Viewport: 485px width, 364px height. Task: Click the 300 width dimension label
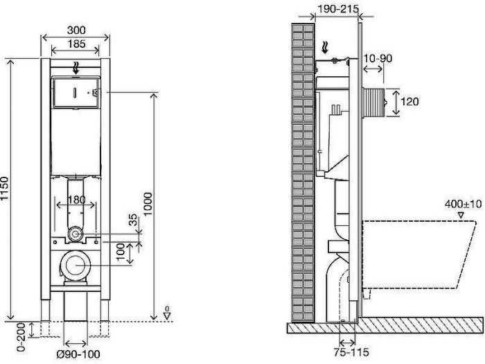click(76, 31)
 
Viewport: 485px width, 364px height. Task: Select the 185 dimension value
click(76, 44)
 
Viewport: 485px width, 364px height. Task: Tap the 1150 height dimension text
click(5, 189)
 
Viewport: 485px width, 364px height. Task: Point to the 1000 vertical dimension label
click(148, 205)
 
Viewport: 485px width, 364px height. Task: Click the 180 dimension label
click(76, 200)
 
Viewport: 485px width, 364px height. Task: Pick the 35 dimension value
click(132, 220)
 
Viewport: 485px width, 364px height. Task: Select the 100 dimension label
click(121, 252)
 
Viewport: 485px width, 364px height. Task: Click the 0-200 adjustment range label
click(21, 337)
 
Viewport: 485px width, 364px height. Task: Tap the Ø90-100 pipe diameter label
click(78, 354)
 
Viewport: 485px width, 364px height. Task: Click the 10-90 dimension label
click(378, 58)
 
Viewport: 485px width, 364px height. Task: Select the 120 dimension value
click(409, 101)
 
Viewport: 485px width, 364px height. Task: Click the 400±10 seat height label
click(463, 204)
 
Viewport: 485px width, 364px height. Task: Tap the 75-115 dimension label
click(351, 352)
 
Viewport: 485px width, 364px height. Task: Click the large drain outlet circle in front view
click(76, 266)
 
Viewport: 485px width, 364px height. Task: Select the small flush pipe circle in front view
click(75, 234)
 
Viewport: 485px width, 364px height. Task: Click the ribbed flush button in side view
click(374, 103)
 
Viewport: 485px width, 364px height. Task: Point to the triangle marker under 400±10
click(461, 214)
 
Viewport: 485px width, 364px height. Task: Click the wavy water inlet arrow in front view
click(76, 68)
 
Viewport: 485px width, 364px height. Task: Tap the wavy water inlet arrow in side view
click(324, 48)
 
